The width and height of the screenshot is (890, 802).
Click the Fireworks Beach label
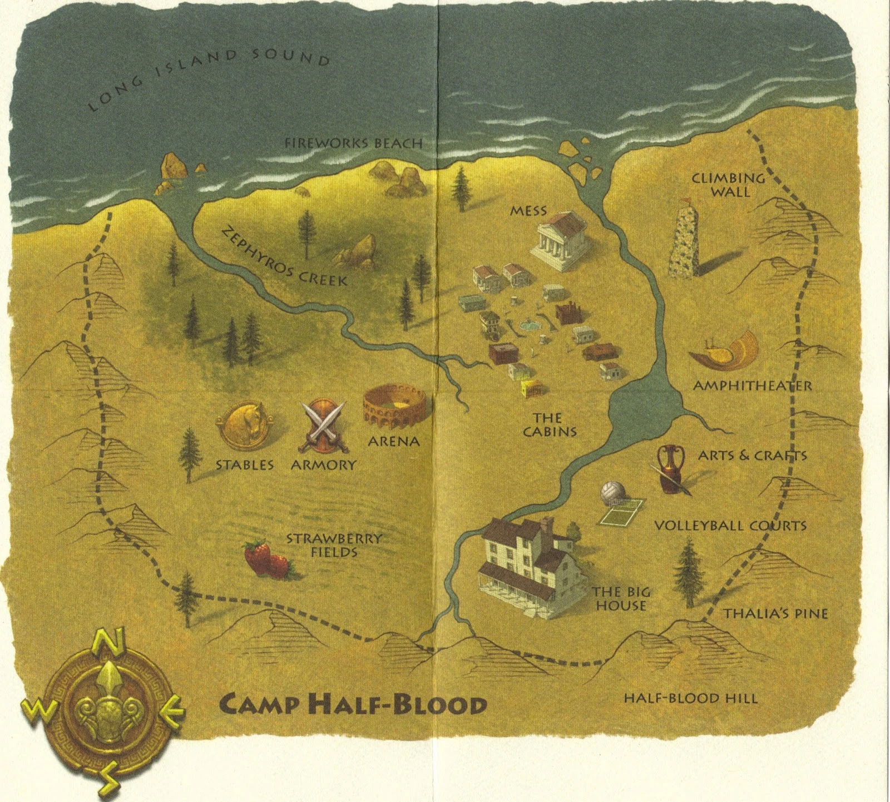[353, 143]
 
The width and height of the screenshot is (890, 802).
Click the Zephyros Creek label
[285, 258]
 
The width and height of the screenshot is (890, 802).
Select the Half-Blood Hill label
[690, 698]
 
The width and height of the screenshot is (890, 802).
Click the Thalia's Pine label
[775, 613]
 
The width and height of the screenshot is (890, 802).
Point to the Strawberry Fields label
[334, 545]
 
